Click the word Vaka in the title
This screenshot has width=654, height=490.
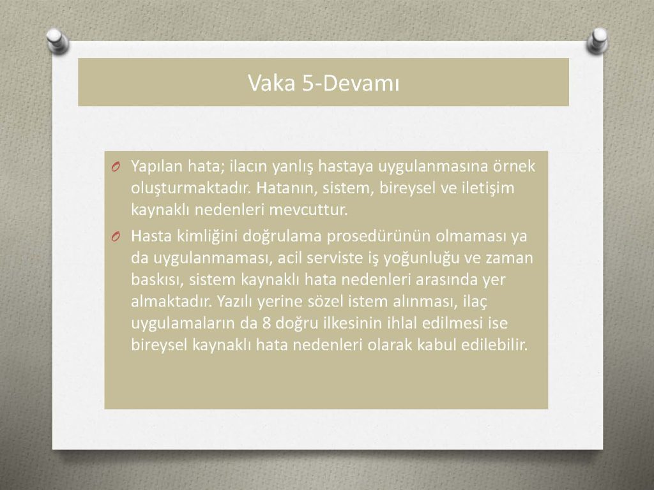click(x=272, y=82)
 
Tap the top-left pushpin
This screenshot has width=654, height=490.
click(x=57, y=41)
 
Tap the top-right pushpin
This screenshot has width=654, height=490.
click(x=597, y=41)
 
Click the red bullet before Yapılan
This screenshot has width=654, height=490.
click(x=116, y=167)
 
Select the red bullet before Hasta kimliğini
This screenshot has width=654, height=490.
click(x=116, y=237)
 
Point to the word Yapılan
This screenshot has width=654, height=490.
click(x=157, y=167)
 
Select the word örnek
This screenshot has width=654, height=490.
click(x=514, y=166)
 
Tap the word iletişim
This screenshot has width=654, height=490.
click(x=488, y=188)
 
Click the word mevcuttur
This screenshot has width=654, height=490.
click(x=308, y=209)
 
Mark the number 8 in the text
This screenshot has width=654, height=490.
click(x=266, y=323)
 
